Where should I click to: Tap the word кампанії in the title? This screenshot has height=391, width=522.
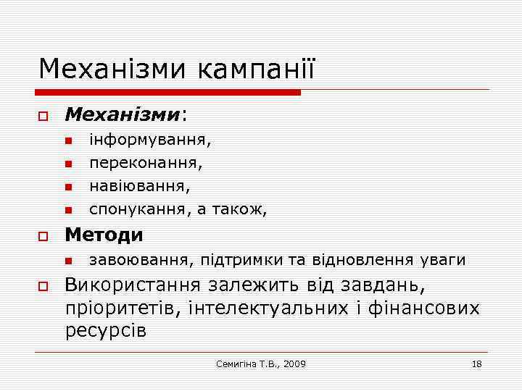[x=255, y=70]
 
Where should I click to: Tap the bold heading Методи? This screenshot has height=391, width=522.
[x=104, y=235]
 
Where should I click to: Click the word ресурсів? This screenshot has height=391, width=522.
[x=106, y=332]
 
